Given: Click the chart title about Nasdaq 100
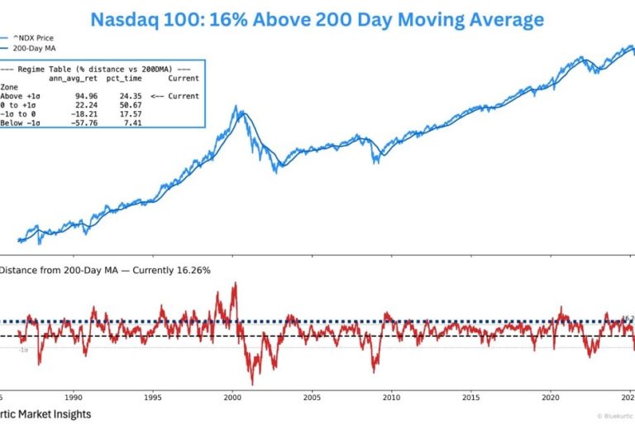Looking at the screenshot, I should click(317, 17).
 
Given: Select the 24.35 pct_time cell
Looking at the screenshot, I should click(131, 96).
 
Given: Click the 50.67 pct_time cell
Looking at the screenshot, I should click(131, 104).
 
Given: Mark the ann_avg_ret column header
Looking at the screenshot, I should click(74, 79).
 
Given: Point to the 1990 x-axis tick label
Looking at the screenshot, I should click(74, 397).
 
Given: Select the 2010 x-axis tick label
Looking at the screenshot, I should click(389, 397).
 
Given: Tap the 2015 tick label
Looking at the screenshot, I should click(469, 397).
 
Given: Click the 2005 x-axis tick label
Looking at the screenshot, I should click(311, 397).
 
